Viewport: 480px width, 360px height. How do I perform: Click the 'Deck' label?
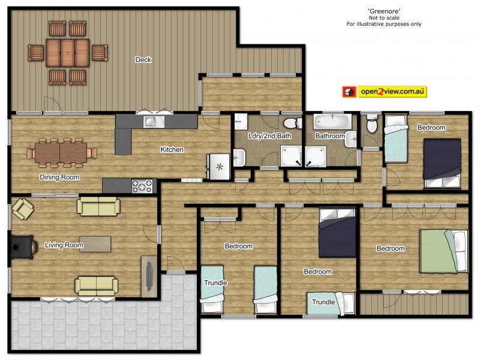click(143, 59)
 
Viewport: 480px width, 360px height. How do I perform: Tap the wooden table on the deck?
click(67, 52)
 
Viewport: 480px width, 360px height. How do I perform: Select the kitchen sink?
click(154, 122)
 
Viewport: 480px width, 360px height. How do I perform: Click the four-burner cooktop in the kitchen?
click(142, 186)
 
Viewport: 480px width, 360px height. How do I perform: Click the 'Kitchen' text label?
click(172, 149)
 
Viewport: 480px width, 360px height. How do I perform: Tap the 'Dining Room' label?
click(59, 177)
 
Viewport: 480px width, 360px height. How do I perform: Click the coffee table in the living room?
click(95, 244)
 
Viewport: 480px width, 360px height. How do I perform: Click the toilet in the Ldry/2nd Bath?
click(292, 123)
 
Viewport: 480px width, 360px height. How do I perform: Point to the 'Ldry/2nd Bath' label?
click(268, 137)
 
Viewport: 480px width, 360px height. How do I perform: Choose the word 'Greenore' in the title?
click(384, 11)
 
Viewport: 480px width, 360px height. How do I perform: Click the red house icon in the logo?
click(349, 92)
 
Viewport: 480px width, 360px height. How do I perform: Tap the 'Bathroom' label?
click(330, 136)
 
